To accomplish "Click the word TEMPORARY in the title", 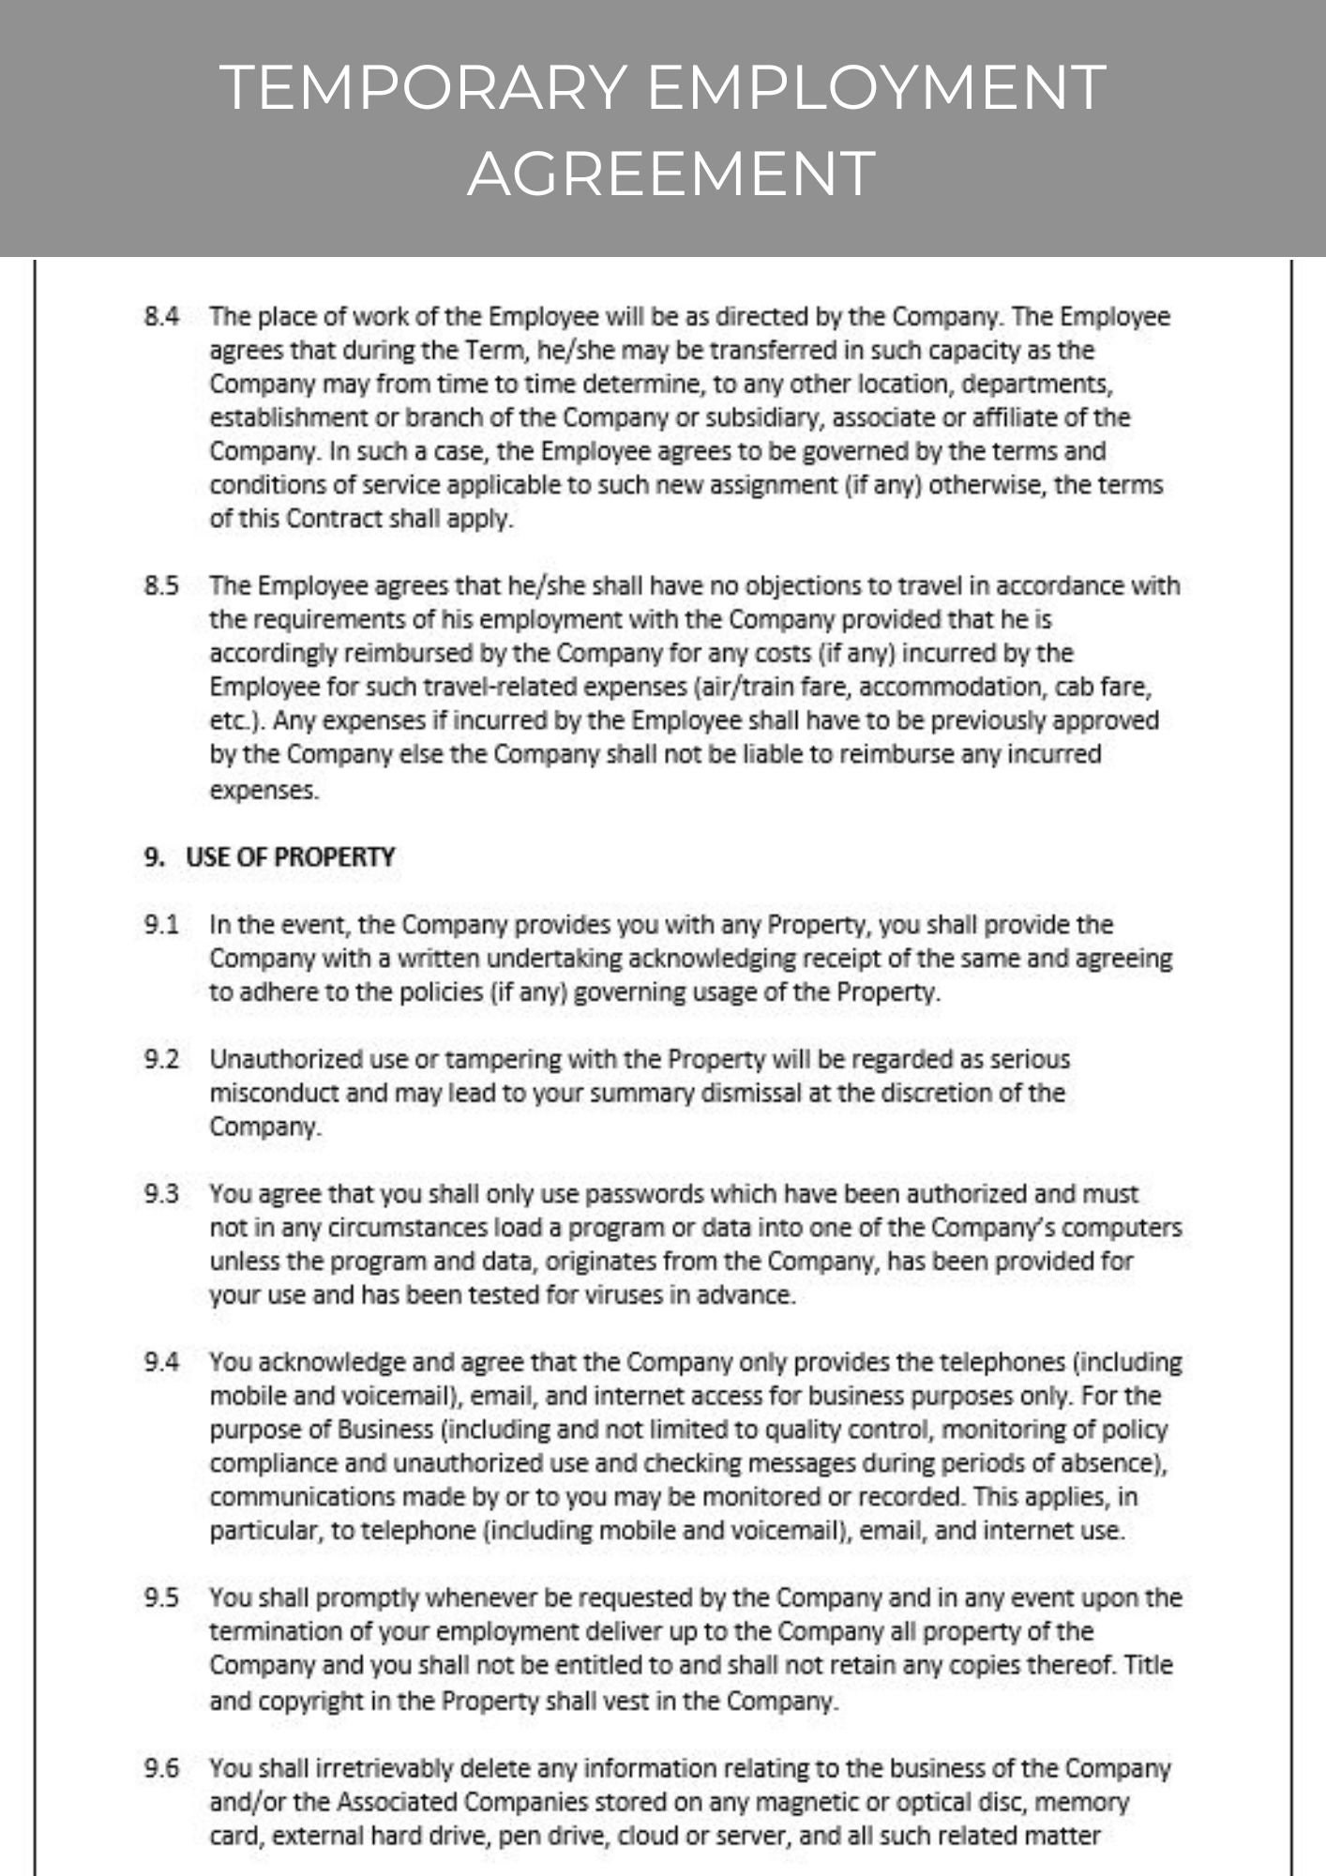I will click(424, 87).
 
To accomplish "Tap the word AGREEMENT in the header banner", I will click(671, 174).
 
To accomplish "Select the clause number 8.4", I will click(161, 316).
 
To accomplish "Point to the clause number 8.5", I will click(161, 586).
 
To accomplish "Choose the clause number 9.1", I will click(161, 925).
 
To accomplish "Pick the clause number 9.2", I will click(161, 1060).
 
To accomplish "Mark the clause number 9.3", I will click(161, 1194).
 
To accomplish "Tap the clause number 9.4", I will click(161, 1362).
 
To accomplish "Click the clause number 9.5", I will click(161, 1597).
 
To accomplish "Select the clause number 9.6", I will click(161, 1768).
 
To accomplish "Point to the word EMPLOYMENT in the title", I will click(877, 87).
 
